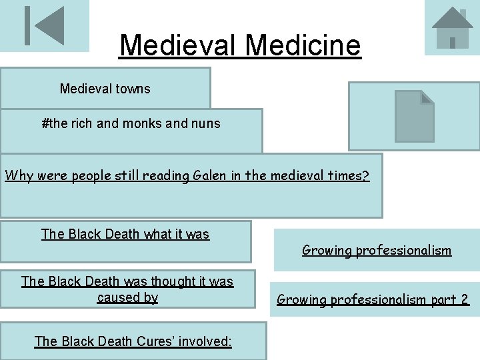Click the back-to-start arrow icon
point(44,26)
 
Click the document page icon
point(414,116)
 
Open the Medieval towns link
point(105,89)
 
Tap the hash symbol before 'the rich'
point(45,123)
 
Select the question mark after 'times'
point(365,176)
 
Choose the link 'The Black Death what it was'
point(125,234)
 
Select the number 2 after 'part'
point(464,299)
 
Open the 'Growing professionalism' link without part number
point(377,251)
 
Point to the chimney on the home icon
point(461,13)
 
